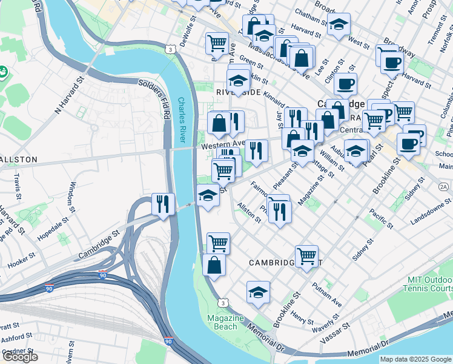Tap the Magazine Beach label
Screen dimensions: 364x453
[225, 323]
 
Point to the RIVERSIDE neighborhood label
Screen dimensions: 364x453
[239, 92]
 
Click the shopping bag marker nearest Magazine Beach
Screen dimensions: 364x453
[214, 265]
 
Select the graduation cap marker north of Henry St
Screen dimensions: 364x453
[258, 292]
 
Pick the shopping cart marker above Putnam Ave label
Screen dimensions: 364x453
[306, 255]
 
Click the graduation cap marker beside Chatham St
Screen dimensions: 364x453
[339, 25]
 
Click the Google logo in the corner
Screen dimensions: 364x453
[20, 357]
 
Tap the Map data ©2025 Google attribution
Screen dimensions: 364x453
[415, 359]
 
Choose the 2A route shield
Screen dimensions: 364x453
[444, 187]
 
